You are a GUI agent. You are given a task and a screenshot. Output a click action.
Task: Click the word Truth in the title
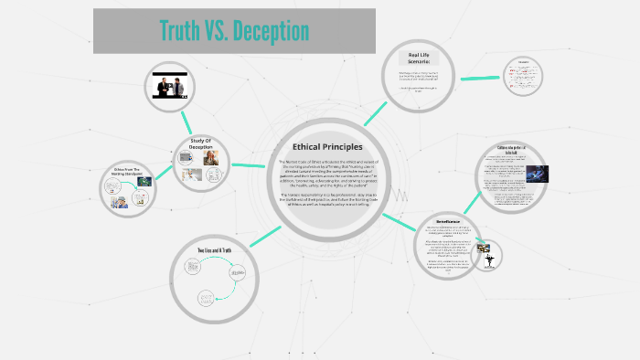[x=181, y=31]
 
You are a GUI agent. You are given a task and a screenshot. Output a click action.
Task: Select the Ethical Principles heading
[x=326, y=147]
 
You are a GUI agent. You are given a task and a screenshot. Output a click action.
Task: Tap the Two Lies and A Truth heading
[x=216, y=250]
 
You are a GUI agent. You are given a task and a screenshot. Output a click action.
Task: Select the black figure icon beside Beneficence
[x=488, y=259]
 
